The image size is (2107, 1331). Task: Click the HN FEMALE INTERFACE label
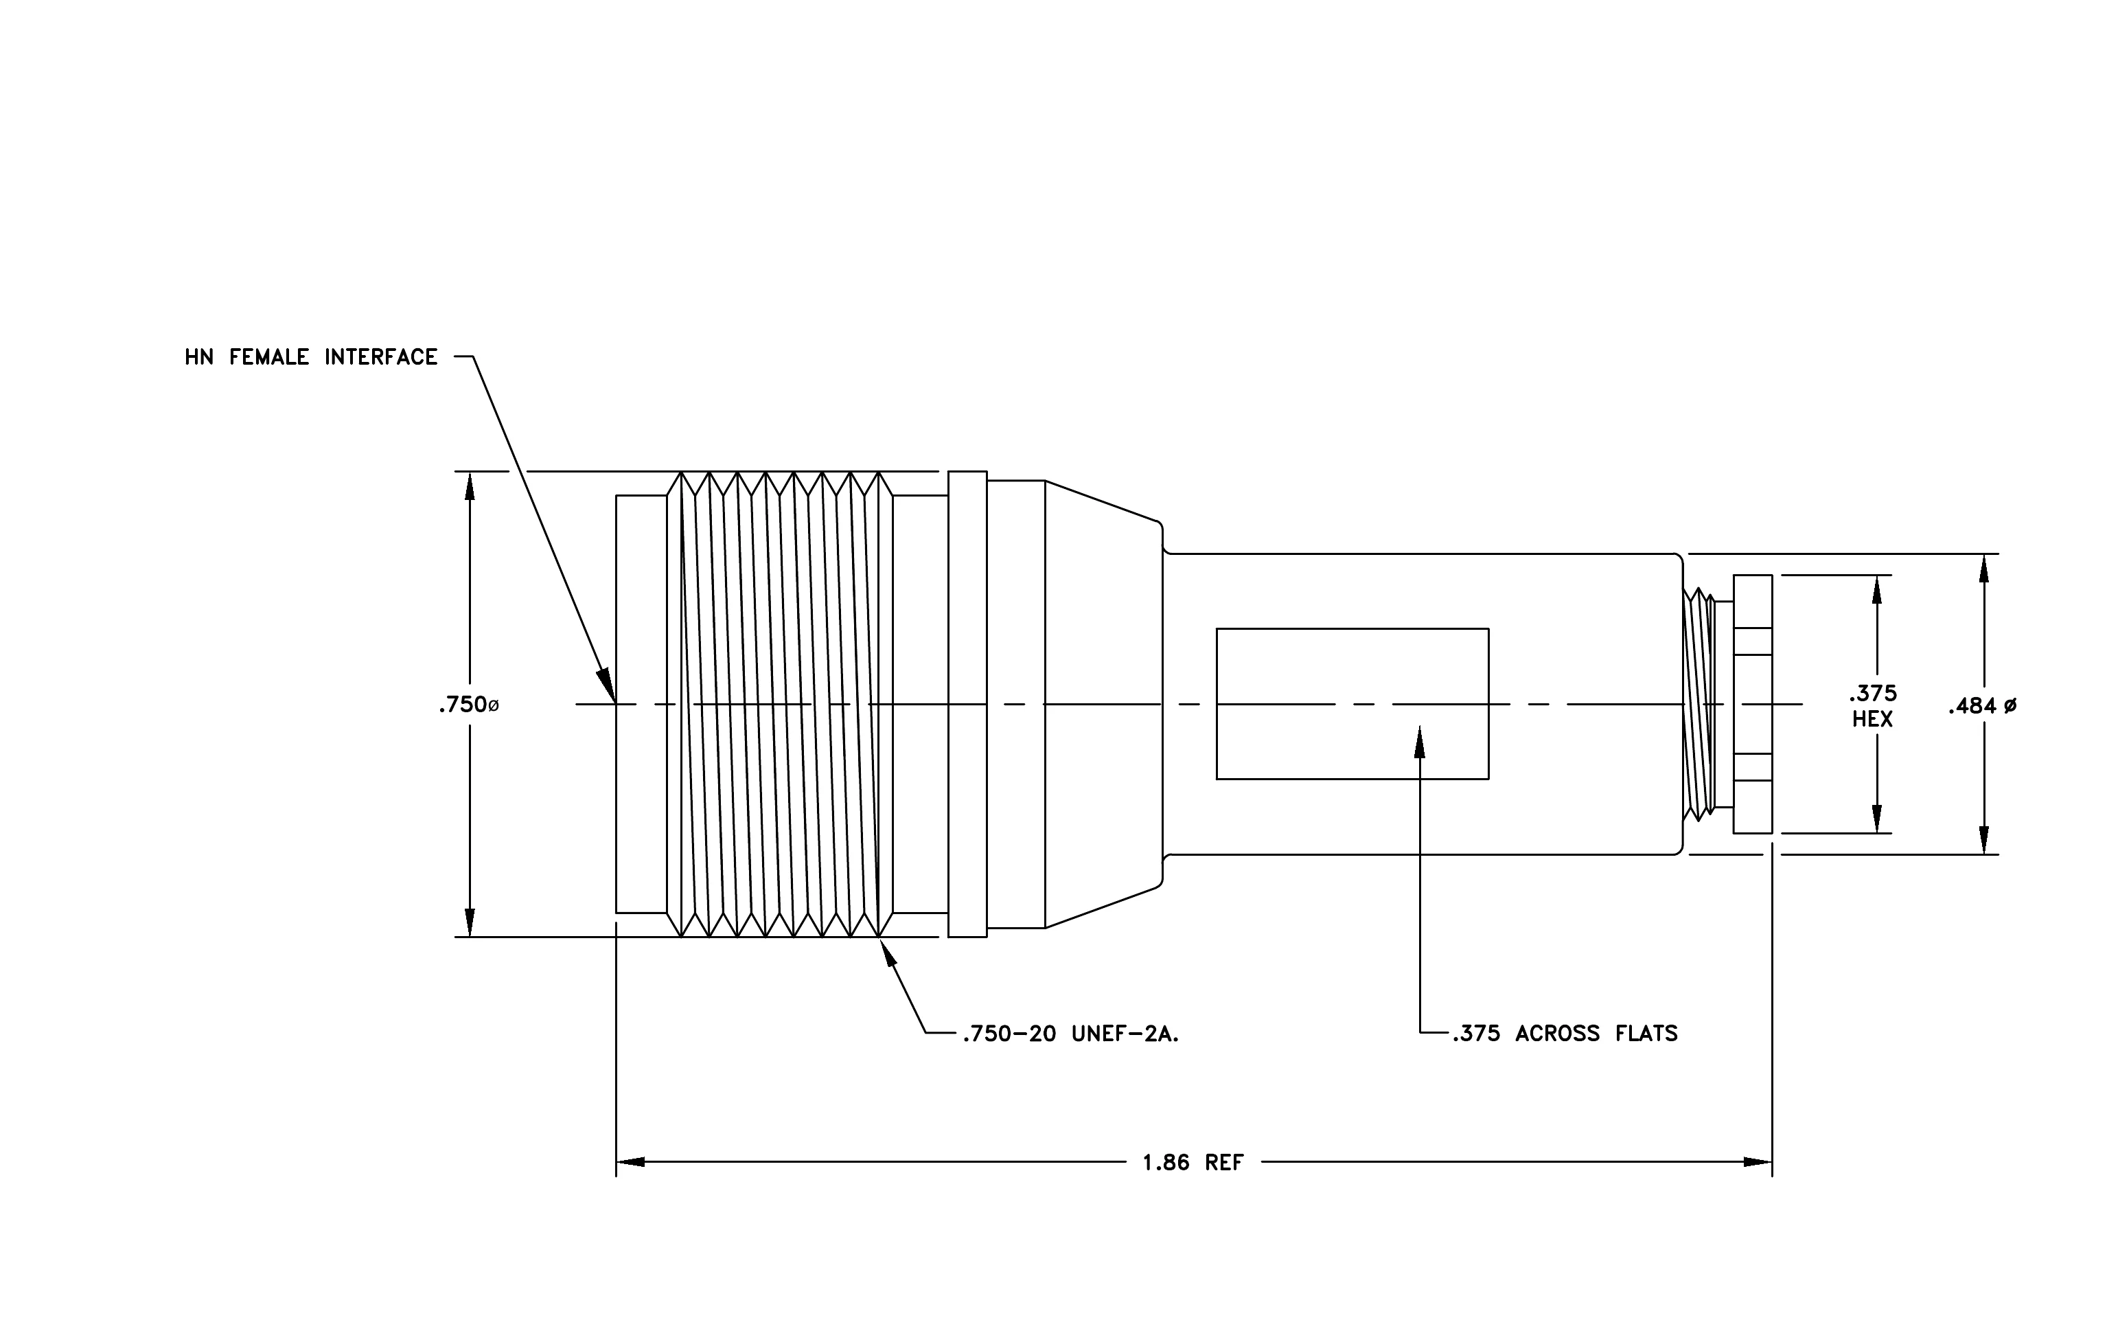(310, 357)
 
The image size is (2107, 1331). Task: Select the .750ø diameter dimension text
(469, 705)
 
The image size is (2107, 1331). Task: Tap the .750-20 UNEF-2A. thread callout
(1071, 1034)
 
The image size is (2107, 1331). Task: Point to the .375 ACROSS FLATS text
(1565, 1034)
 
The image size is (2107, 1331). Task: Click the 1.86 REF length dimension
(1193, 1162)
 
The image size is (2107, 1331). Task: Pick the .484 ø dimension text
(1983, 705)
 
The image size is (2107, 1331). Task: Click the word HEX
(1872, 719)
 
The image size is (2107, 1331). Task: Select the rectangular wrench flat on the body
(1352, 703)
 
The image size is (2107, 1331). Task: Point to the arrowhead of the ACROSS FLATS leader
(1419, 741)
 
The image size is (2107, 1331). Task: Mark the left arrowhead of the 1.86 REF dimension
(632, 1162)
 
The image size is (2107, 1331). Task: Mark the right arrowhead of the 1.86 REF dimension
(1757, 1162)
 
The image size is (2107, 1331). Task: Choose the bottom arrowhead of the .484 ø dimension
(1983, 839)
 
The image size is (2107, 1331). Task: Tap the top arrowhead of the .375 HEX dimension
(1876, 590)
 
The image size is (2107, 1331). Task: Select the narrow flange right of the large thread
(968, 705)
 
